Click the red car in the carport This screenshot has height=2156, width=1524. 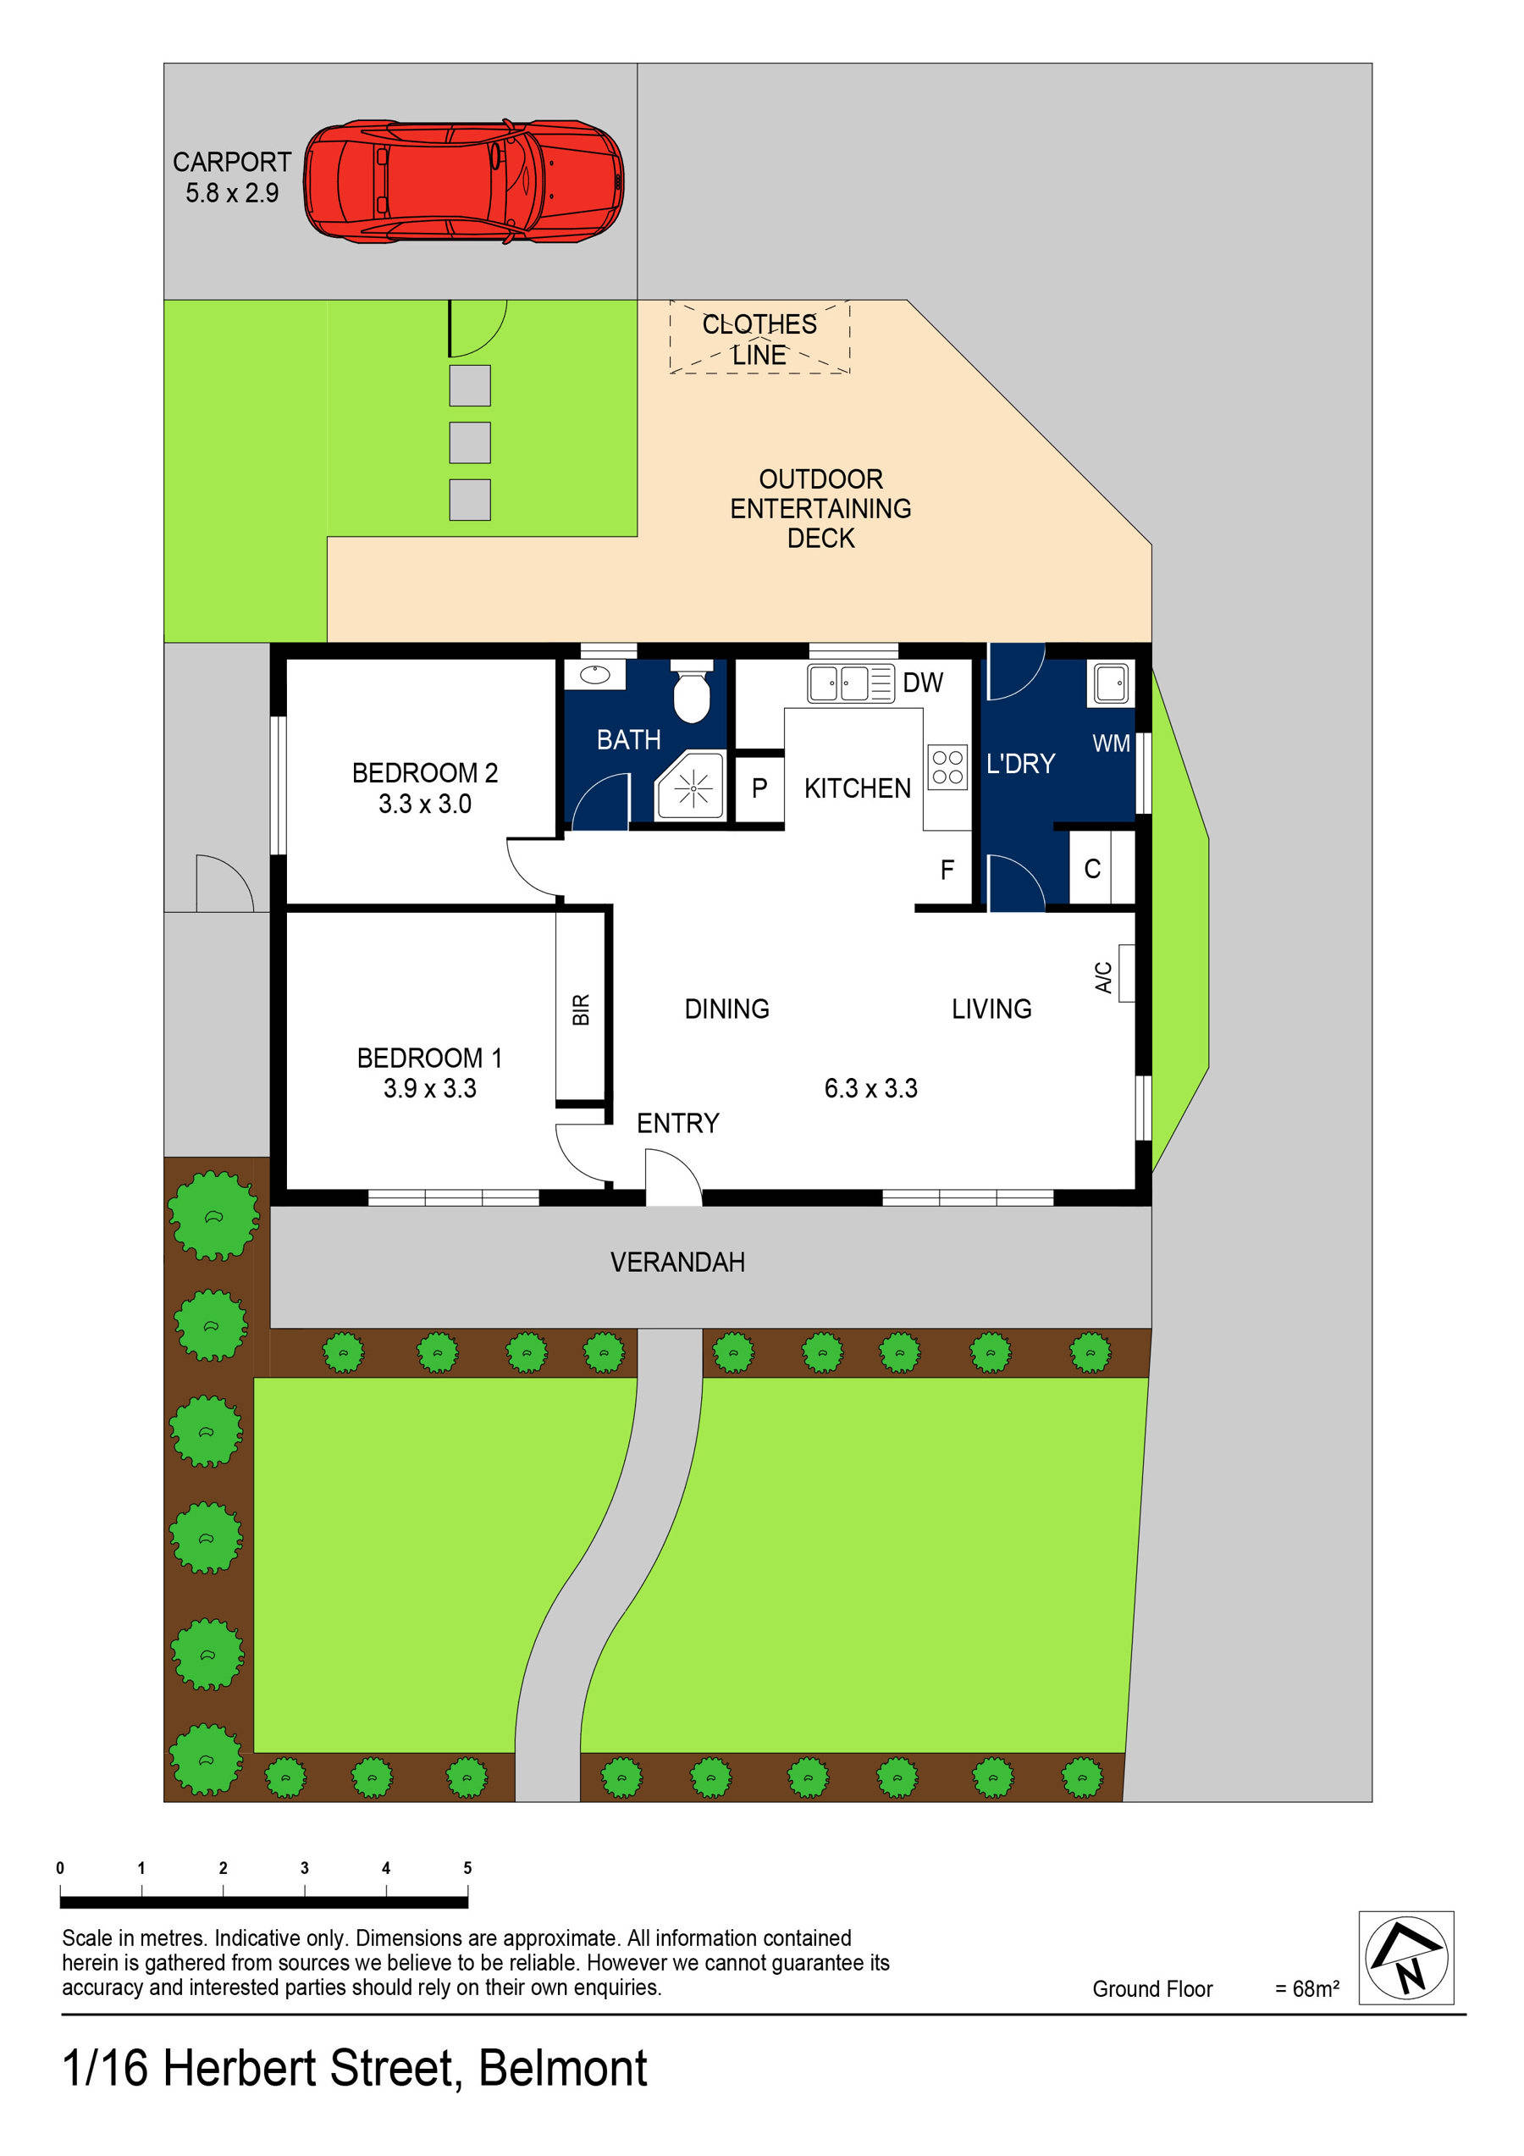(x=463, y=181)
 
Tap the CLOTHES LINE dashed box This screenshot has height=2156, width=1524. (x=759, y=338)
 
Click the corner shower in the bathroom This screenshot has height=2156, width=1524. (x=692, y=786)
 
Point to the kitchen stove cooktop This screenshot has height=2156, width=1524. (x=947, y=766)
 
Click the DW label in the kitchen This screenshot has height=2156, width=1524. (x=922, y=683)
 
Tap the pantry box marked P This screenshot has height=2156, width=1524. (x=759, y=788)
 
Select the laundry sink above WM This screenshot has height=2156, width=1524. (x=1111, y=683)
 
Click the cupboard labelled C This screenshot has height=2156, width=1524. (x=1092, y=869)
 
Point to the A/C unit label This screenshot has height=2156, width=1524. (x=1105, y=976)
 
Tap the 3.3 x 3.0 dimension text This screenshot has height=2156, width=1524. (x=424, y=804)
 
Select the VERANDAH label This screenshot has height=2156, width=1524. (x=677, y=1262)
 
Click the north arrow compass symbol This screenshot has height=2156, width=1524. (x=1405, y=1958)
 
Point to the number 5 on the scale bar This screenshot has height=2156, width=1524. (x=467, y=1868)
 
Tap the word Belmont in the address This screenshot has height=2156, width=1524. (x=562, y=2069)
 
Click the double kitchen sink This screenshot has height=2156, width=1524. (x=850, y=683)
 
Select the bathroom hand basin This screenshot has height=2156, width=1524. (x=594, y=674)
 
